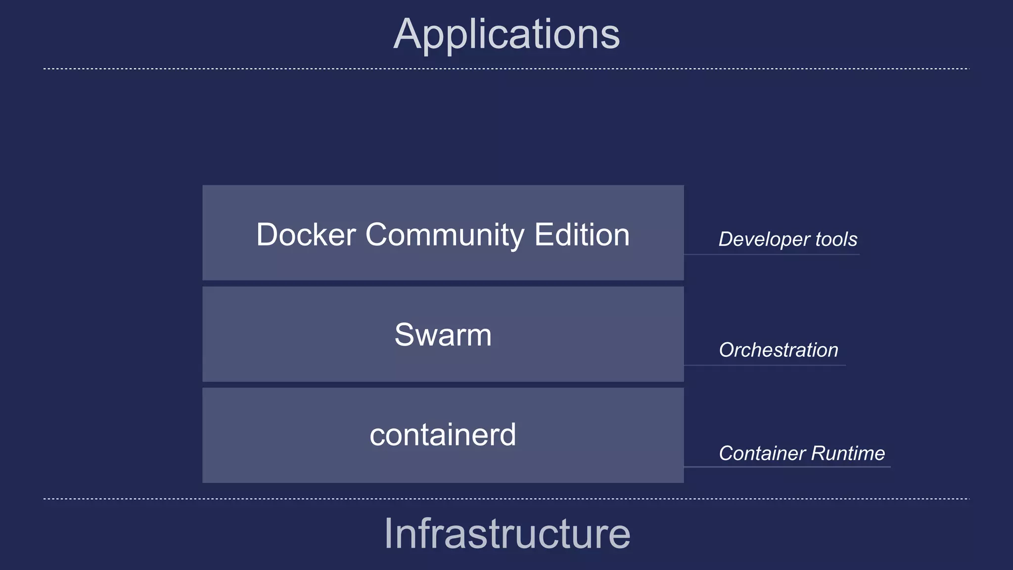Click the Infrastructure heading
(x=507, y=533)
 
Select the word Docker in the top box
(x=306, y=235)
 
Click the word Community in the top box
(x=445, y=235)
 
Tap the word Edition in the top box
(x=582, y=235)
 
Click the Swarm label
(x=443, y=335)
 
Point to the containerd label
(x=443, y=435)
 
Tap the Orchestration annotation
(x=779, y=350)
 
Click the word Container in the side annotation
(x=762, y=453)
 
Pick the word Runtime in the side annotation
(x=848, y=453)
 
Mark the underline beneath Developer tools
(x=772, y=254)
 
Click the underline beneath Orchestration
(x=765, y=365)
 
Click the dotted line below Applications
(x=506, y=69)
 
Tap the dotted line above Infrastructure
(x=506, y=499)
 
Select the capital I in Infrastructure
(x=388, y=533)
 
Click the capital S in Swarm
(x=406, y=335)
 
